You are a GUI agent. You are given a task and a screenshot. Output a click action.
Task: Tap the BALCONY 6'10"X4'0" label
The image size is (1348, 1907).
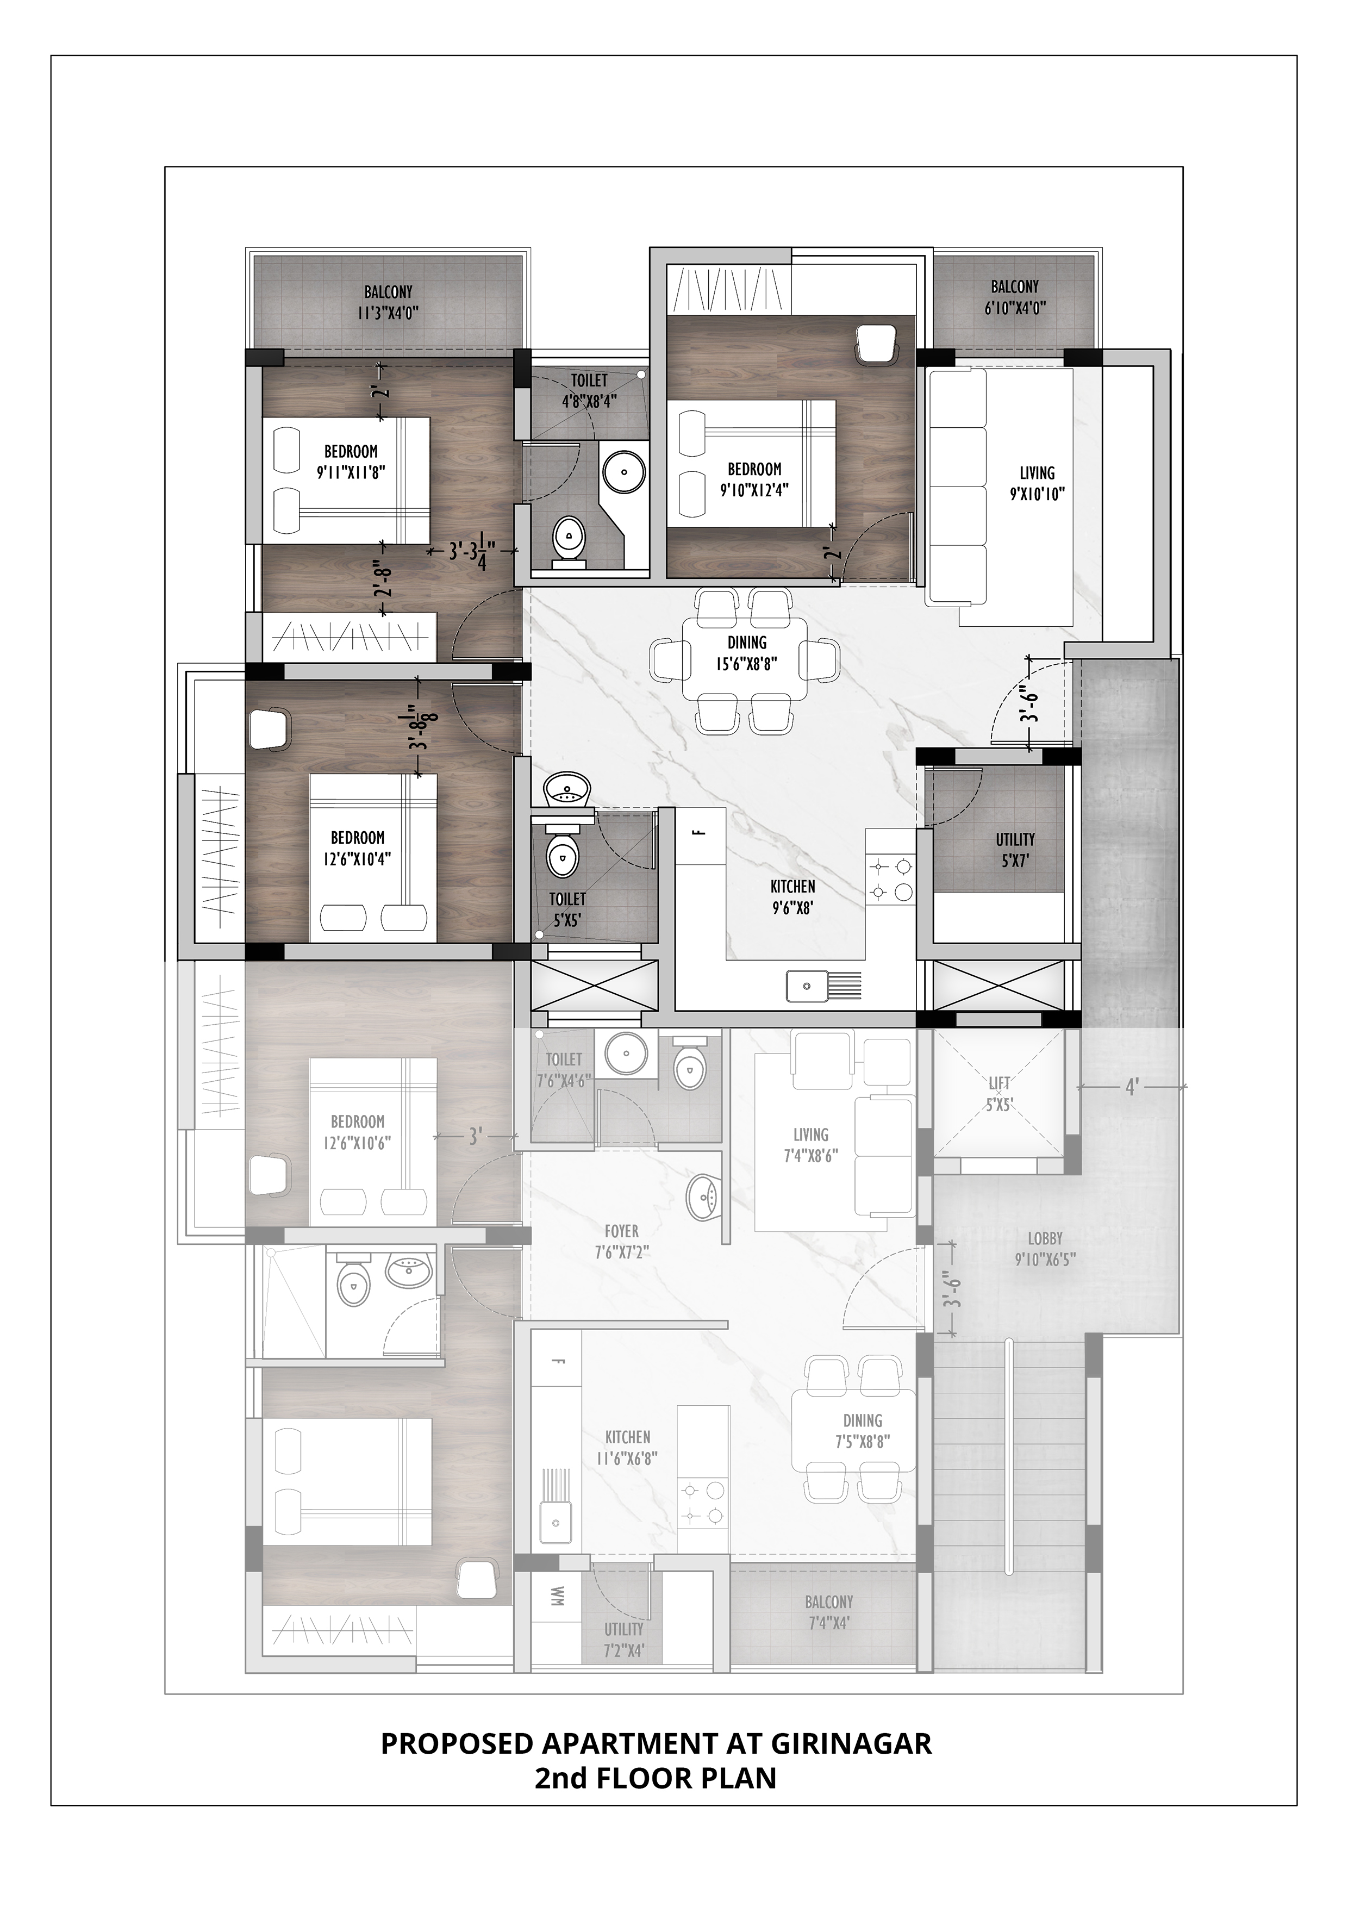[1014, 296]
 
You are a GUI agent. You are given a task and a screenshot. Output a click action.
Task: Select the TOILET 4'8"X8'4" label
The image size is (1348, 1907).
[588, 389]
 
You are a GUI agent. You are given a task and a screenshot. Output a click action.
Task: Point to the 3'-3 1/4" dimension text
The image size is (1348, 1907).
[472, 552]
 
